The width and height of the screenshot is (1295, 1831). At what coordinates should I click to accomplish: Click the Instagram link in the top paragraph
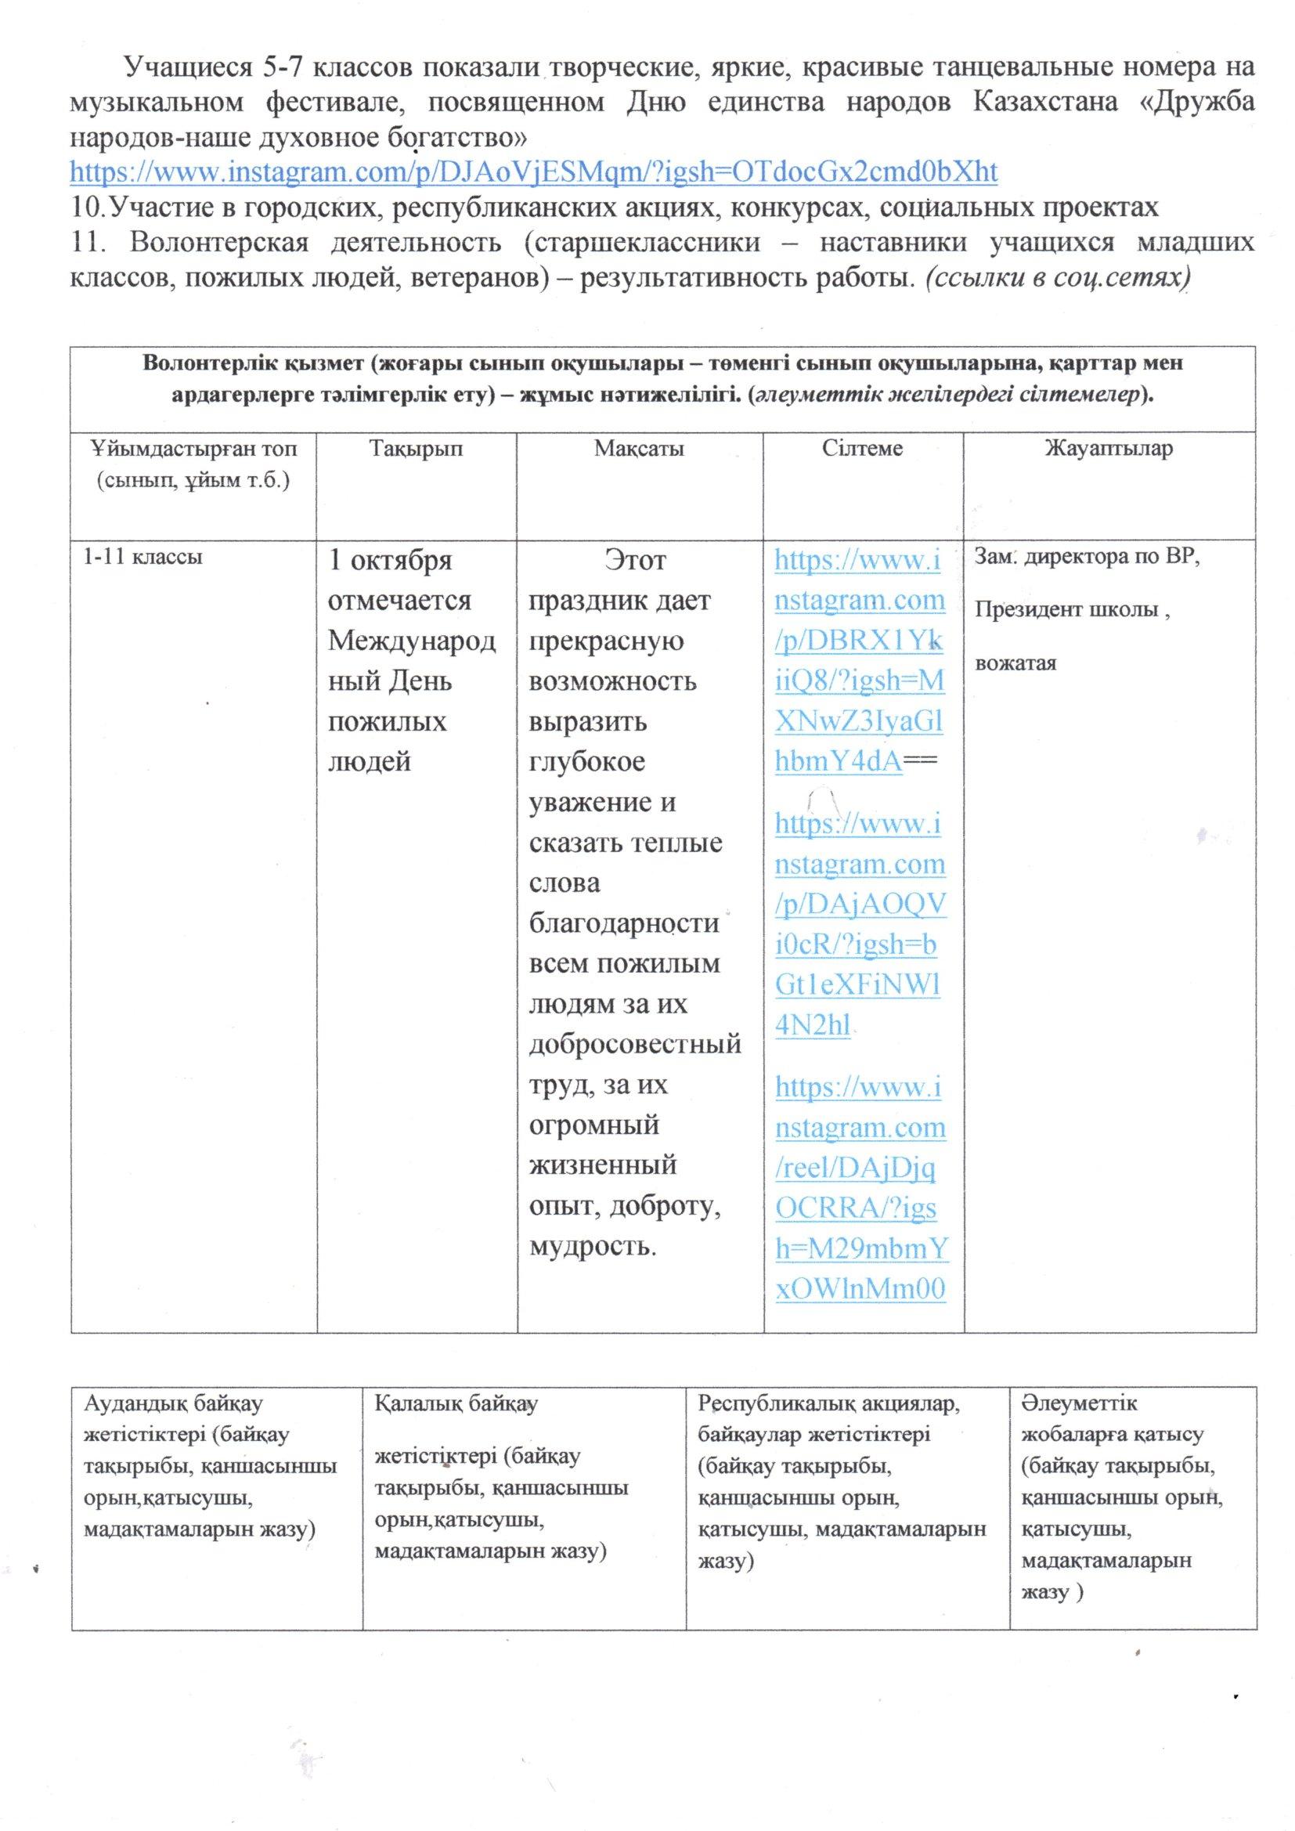(x=533, y=172)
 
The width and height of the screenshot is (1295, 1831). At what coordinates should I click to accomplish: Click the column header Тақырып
(x=416, y=449)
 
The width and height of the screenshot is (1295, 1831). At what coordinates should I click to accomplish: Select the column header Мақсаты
(x=639, y=449)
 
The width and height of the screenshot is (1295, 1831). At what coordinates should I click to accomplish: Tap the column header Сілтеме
(x=862, y=449)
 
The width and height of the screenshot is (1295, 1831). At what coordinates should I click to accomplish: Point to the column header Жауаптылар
(x=1109, y=449)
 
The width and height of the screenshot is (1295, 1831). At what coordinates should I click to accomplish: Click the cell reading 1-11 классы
(x=142, y=557)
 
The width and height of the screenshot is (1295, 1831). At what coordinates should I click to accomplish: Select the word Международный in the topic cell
(x=412, y=641)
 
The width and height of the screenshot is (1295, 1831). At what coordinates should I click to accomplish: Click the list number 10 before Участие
(x=85, y=208)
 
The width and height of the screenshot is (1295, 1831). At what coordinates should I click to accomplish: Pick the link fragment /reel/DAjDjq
(x=855, y=1169)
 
